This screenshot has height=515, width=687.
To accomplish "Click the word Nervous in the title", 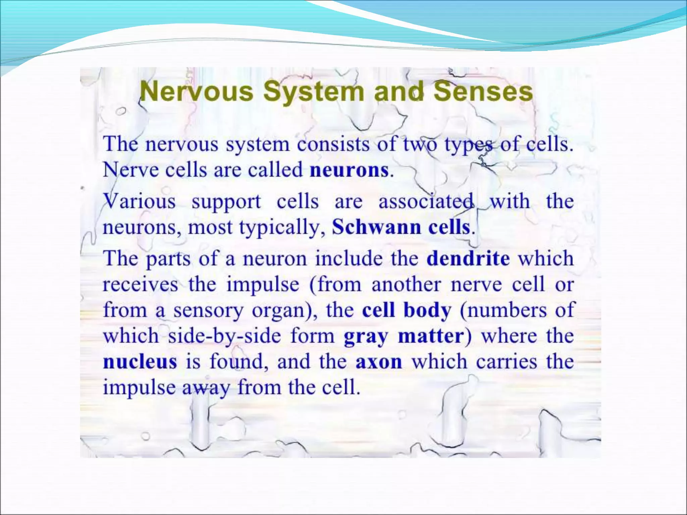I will pyautogui.click(x=197, y=92).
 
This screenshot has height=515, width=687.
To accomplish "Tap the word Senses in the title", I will pyautogui.click(x=483, y=92).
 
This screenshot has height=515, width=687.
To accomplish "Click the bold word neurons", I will pyautogui.click(x=349, y=170).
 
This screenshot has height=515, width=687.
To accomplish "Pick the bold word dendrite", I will pyautogui.click(x=468, y=259).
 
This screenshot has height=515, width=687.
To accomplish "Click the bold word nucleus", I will pyautogui.click(x=140, y=362).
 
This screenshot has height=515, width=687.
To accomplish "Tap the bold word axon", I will pyautogui.click(x=379, y=362).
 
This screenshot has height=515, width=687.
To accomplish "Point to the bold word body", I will pyautogui.click(x=427, y=311).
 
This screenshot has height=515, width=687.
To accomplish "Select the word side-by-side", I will pyautogui.click(x=224, y=336).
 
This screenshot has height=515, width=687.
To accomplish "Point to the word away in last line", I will pyautogui.click(x=206, y=388).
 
